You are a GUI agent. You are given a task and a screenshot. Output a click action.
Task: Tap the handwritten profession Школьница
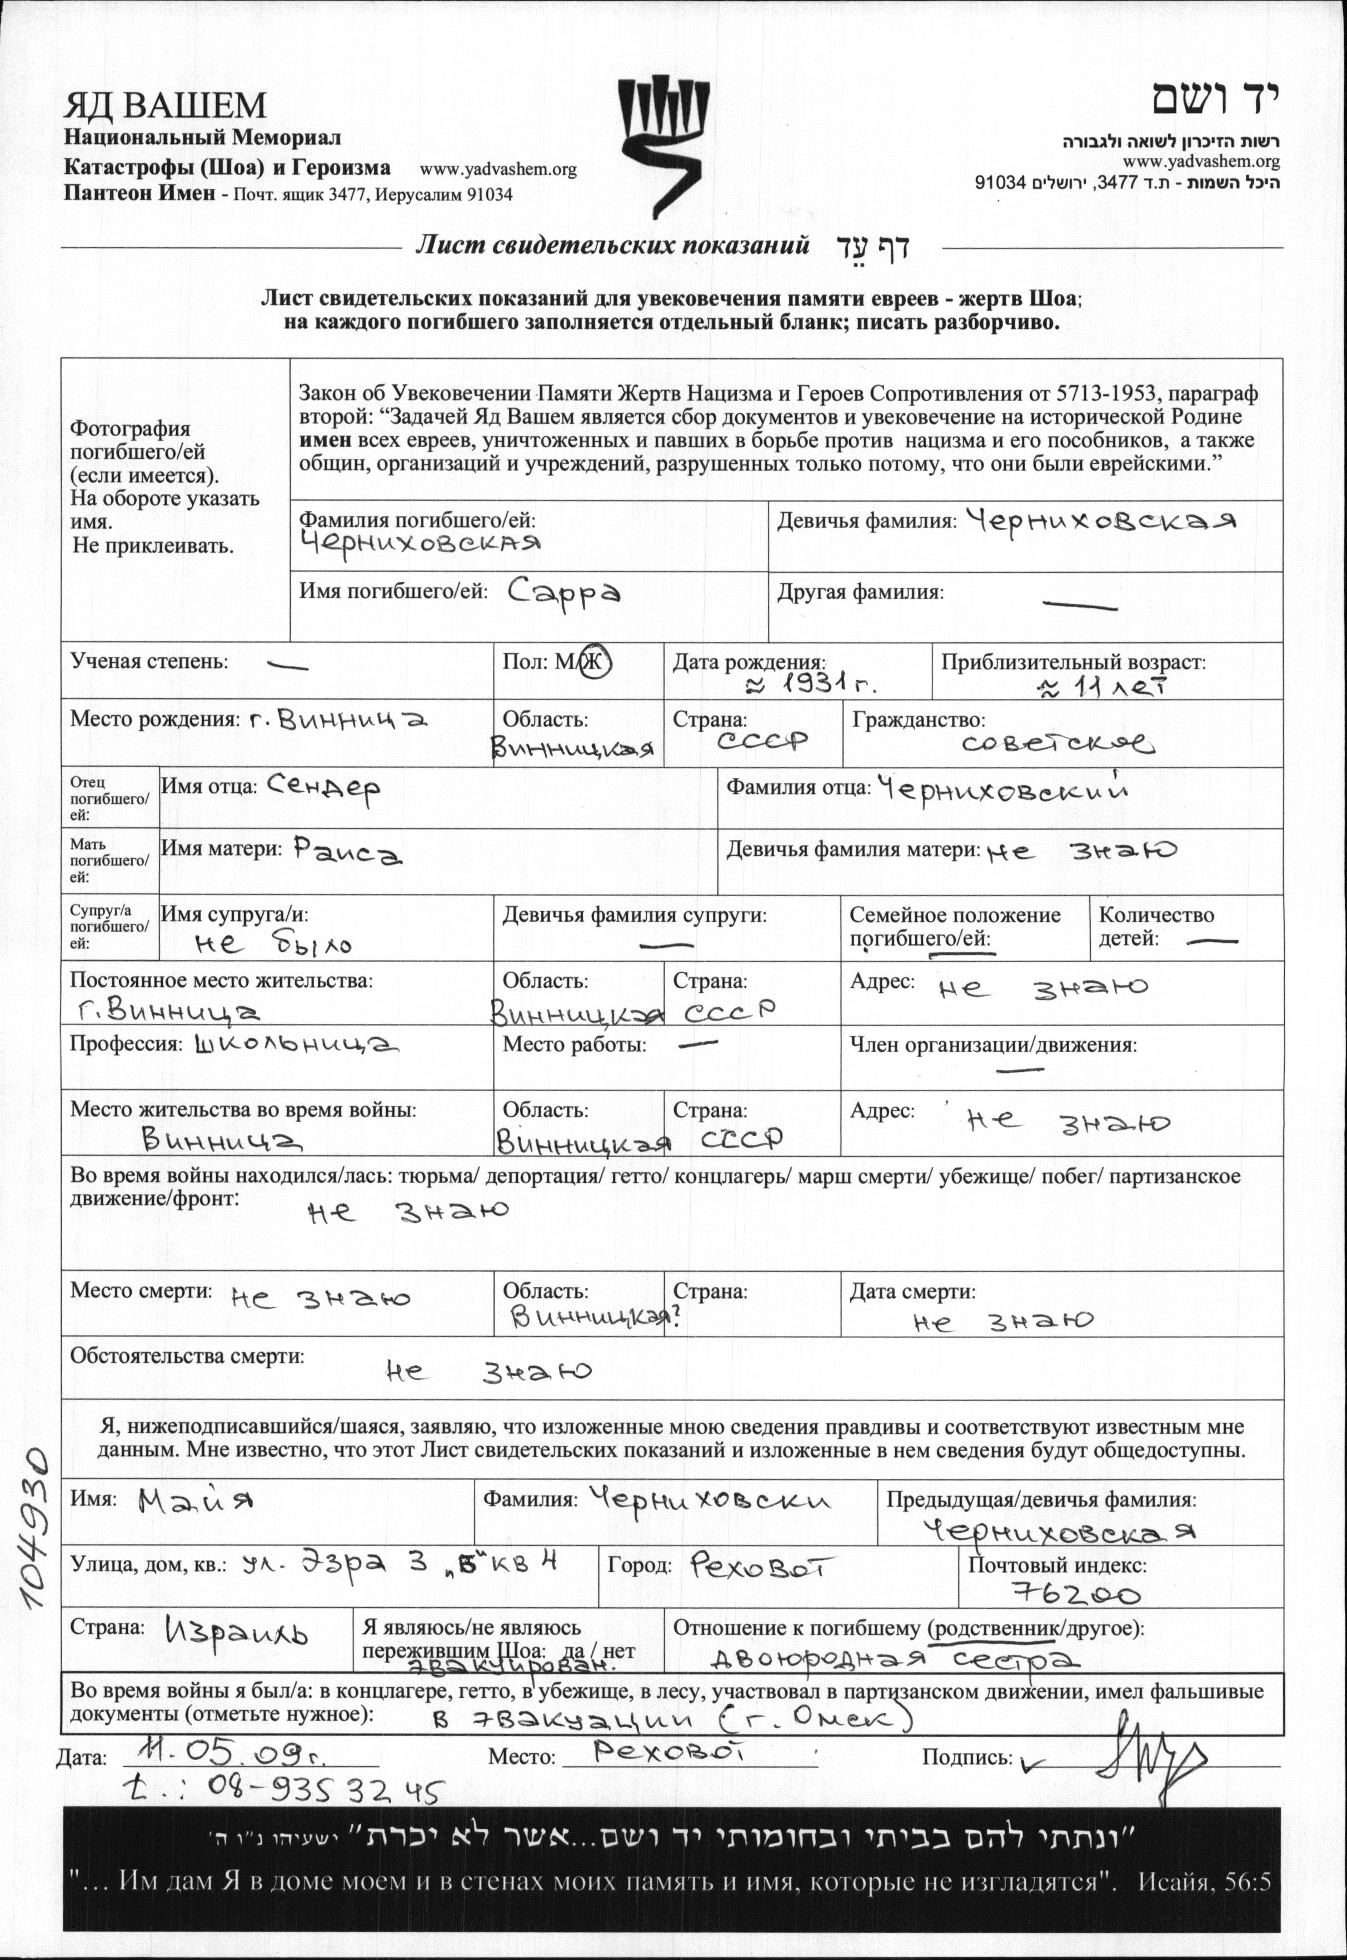click(296, 1046)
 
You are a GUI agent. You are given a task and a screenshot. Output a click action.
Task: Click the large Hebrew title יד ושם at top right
click(1215, 99)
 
